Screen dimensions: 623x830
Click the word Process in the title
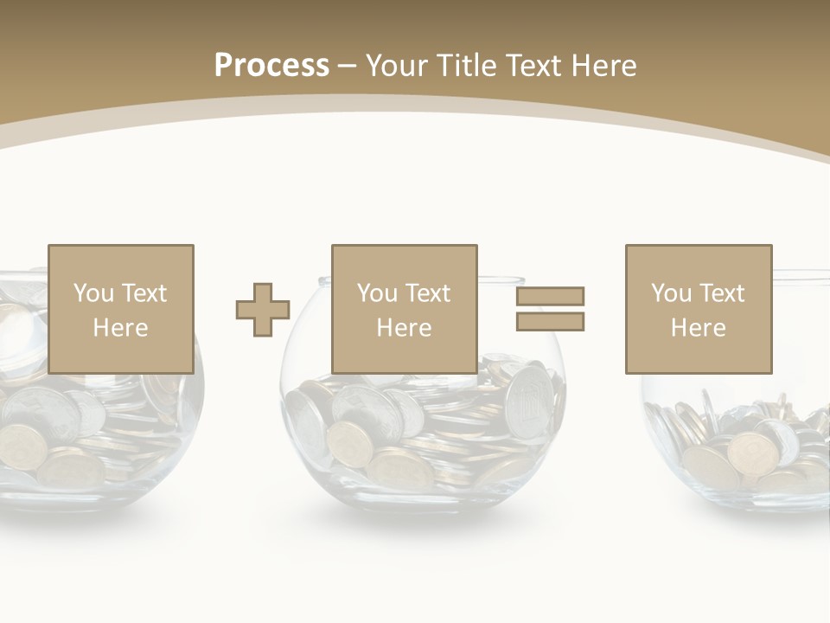pyautogui.click(x=271, y=66)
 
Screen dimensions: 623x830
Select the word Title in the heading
pyautogui.click(x=463, y=66)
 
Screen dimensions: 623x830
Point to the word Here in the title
pyautogui.click(x=603, y=66)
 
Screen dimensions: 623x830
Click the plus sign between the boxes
pyautogui.click(x=263, y=310)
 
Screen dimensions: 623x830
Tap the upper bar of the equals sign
pyautogui.click(x=550, y=296)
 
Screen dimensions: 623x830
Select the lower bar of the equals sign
pyautogui.click(x=550, y=322)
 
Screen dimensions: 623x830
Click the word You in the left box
pyautogui.click(x=93, y=293)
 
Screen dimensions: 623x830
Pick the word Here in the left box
pyautogui.click(x=120, y=328)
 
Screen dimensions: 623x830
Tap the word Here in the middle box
pyautogui.click(x=404, y=328)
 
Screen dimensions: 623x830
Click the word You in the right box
pyautogui.click(x=671, y=293)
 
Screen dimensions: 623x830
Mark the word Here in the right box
pyautogui.click(x=698, y=328)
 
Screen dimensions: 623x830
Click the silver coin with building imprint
pyautogui.click(x=528, y=399)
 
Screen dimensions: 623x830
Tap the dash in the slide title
pyautogui.click(x=348, y=66)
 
